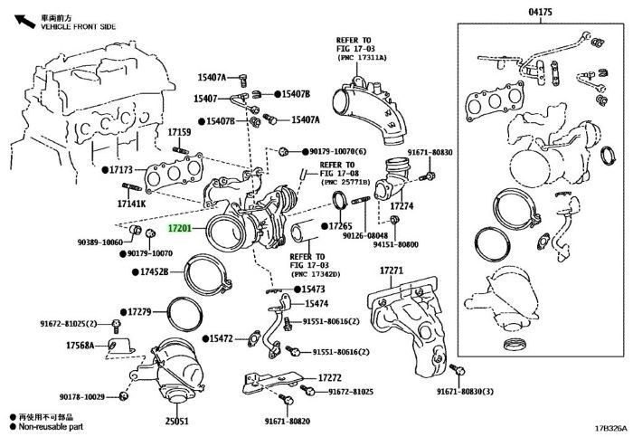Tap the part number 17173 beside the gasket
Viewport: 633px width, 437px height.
(x=121, y=169)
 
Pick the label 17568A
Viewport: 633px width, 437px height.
(x=80, y=345)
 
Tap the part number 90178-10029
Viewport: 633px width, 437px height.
(x=82, y=397)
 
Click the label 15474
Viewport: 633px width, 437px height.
(x=316, y=304)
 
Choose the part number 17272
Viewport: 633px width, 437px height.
(x=329, y=377)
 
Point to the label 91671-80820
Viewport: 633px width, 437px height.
(x=288, y=422)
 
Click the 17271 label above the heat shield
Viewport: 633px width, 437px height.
(x=391, y=271)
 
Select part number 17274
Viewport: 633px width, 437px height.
(x=402, y=206)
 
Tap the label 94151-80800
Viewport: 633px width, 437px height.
(x=395, y=244)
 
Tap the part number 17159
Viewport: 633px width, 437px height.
(x=179, y=132)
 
